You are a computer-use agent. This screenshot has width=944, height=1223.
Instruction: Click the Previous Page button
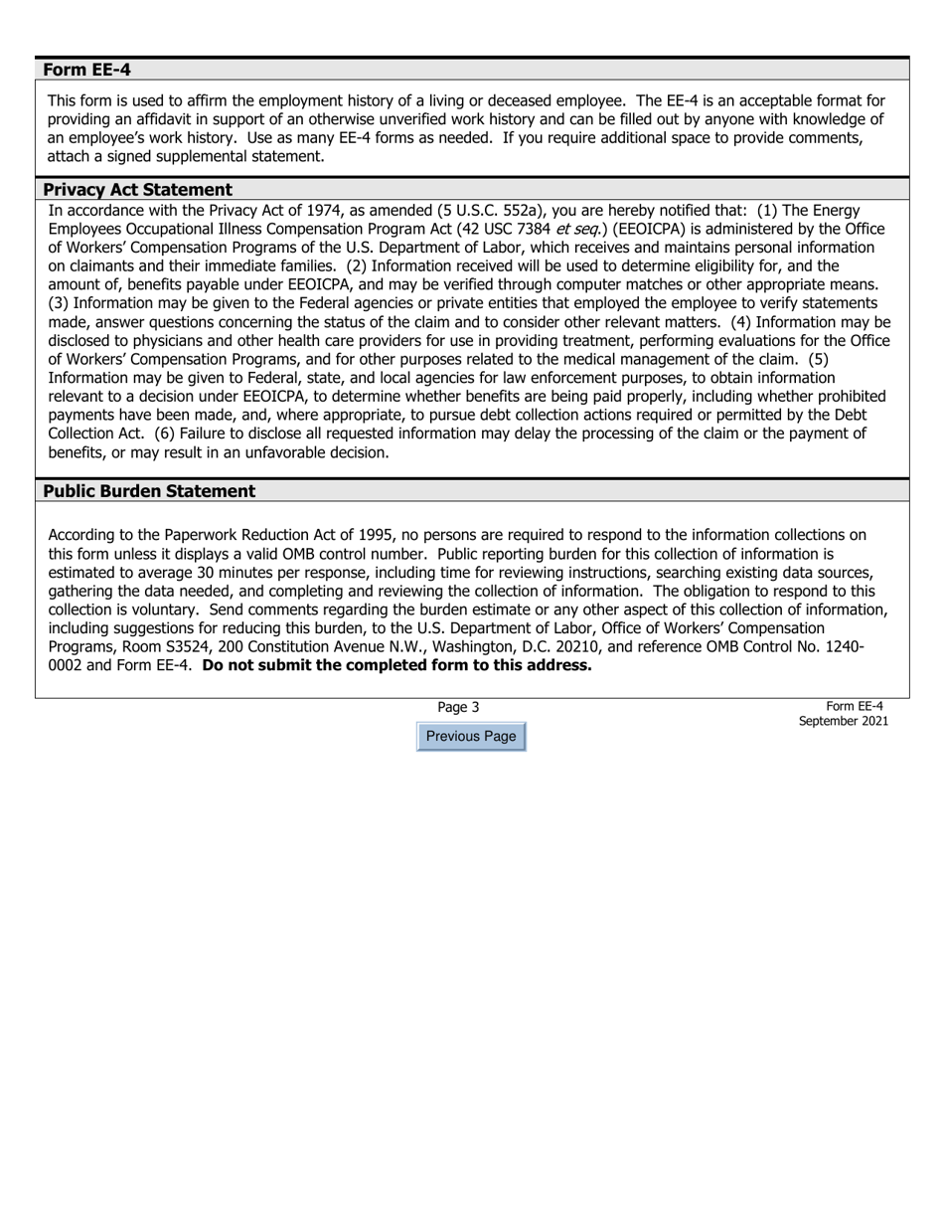[470, 737]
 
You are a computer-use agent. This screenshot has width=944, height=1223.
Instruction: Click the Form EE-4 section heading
[87, 70]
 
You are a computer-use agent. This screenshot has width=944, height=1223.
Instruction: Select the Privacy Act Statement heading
[137, 189]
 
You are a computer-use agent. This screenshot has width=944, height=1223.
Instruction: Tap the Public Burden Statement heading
[149, 491]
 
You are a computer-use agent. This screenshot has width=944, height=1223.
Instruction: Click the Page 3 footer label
[458, 707]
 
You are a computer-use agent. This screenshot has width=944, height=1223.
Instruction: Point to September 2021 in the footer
[843, 721]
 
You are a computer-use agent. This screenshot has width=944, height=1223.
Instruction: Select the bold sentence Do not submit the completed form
[395, 665]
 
